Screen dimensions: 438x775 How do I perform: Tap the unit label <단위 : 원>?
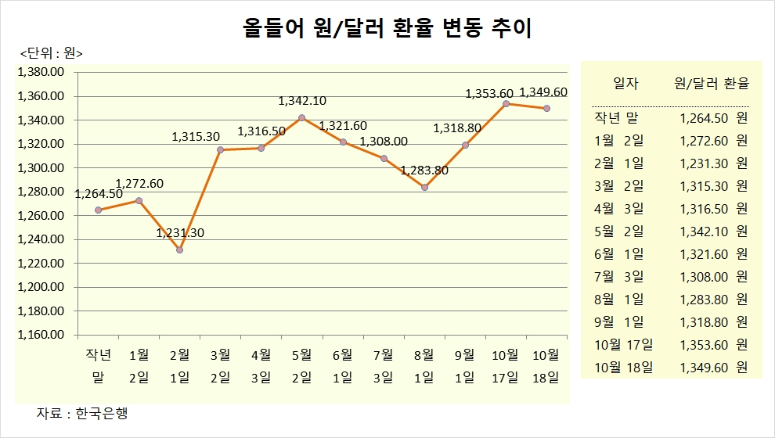52,53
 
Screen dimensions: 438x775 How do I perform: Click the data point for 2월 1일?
179,250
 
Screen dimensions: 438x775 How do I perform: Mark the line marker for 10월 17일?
506,104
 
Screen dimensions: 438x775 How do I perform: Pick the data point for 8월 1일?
424,187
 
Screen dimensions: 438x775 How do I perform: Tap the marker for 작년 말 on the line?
98,210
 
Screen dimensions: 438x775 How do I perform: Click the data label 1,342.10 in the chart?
302,101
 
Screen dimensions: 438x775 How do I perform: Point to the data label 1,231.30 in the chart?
180,233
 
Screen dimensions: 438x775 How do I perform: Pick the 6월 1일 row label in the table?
618,253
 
